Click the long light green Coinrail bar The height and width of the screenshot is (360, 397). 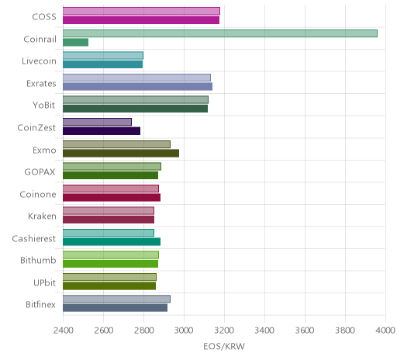pyautogui.click(x=220, y=33)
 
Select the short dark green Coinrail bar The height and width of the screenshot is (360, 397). pyautogui.click(x=75, y=43)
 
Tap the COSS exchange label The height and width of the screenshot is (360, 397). pyautogui.click(x=44, y=17)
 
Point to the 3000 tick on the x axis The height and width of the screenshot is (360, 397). pyautogui.click(x=184, y=331)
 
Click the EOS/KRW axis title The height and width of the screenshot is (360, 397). pyautogui.click(x=224, y=346)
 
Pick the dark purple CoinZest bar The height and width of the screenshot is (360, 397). pyautogui.click(x=102, y=131)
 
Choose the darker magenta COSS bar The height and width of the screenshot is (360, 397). pyautogui.click(x=141, y=20)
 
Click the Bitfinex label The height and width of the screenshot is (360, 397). pyautogui.click(x=40, y=305)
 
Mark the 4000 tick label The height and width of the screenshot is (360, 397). pyautogui.click(x=385, y=331)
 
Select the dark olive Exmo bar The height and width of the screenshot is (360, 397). pyautogui.click(x=121, y=154)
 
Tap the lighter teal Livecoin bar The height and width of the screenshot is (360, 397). pyautogui.click(x=103, y=56)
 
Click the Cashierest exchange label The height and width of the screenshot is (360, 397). pyautogui.click(x=34, y=238)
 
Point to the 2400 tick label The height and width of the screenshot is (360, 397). pyautogui.click(x=63, y=331)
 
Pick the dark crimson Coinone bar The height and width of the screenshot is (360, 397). pyautogui.click(x=112, y=198)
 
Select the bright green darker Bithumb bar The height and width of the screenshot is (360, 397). pyautogui.click(x=110, y=264)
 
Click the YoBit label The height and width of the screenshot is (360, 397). pyautogui.click(x=44, y=106)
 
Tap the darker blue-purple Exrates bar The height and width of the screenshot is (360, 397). pyautogui.click(x=137, y=87)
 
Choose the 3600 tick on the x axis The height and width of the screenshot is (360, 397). pyautogui.click(x=305, y=331)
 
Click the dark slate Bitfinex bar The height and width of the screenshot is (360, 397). pyautogui.click(x=115, y=308)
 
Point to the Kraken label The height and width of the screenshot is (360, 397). pyautogui.click(x=42, y=216)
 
